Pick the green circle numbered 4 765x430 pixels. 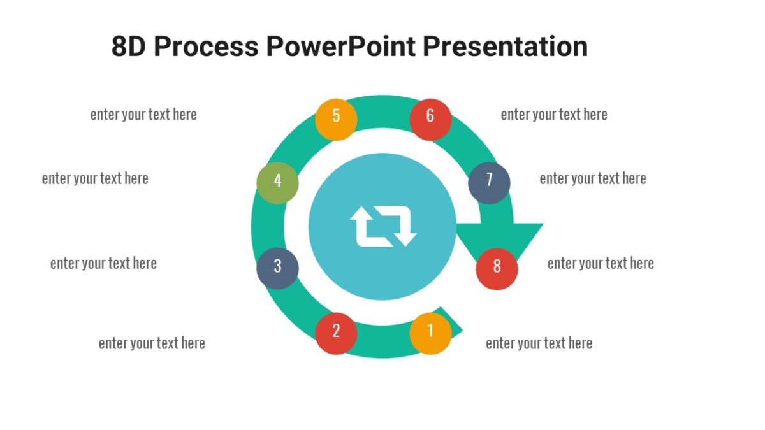(x=277, y=182)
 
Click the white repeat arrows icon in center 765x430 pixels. (x=382, y=226)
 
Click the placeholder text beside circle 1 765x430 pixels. (x=539, y=343)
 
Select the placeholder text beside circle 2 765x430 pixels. (x=152, y=343)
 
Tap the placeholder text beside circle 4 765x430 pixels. (x=95, y=178)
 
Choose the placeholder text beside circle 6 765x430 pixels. (x=553, y=115)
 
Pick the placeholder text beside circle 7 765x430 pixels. (x=593, y=178)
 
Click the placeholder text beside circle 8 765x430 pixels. (x=601, y=263)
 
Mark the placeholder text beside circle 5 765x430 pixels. (x=143, y=115)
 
